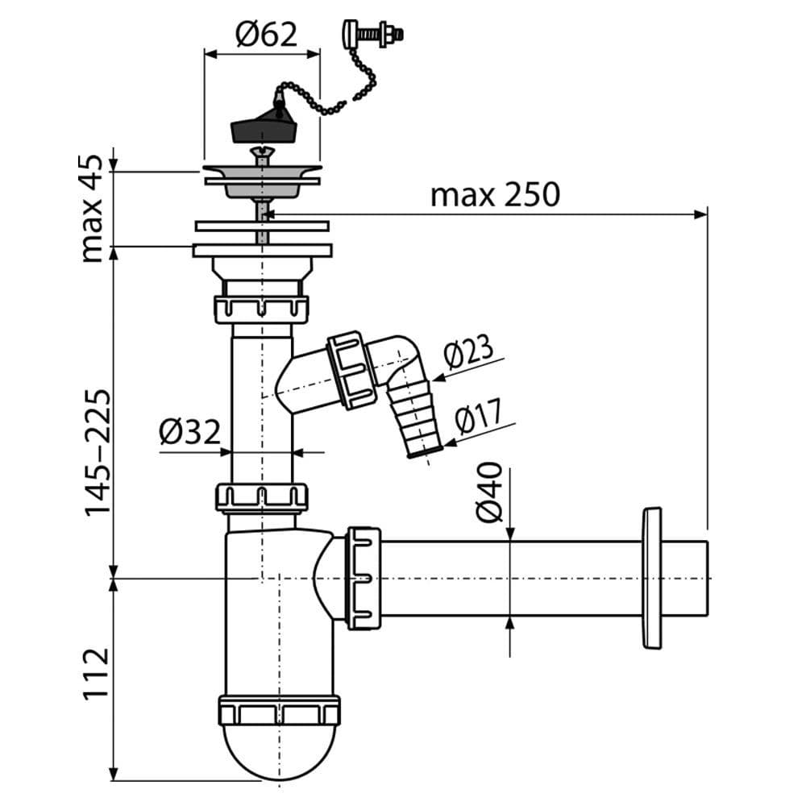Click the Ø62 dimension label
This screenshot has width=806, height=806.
click(x=266, y=35)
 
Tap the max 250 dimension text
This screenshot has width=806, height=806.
click(x=495, y=195)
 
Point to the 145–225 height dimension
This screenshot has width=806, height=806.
click(x=97, y=452)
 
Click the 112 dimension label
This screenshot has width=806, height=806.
click(x=97, y=673)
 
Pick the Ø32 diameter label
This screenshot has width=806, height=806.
click(x=189, y=432)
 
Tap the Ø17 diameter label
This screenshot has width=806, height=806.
click(x=478, y=415)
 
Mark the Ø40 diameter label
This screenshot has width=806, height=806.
click(x=489, y=492)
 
